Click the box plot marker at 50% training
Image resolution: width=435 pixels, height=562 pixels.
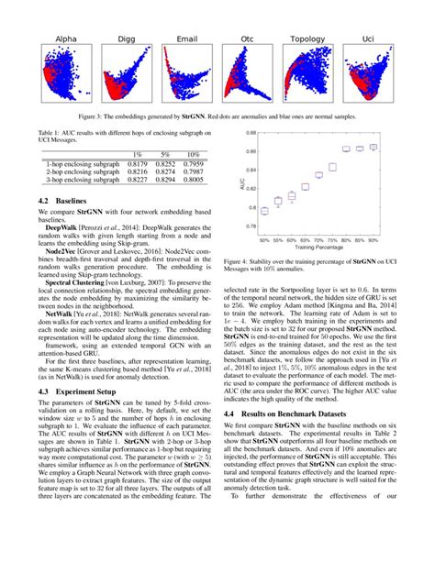265,211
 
